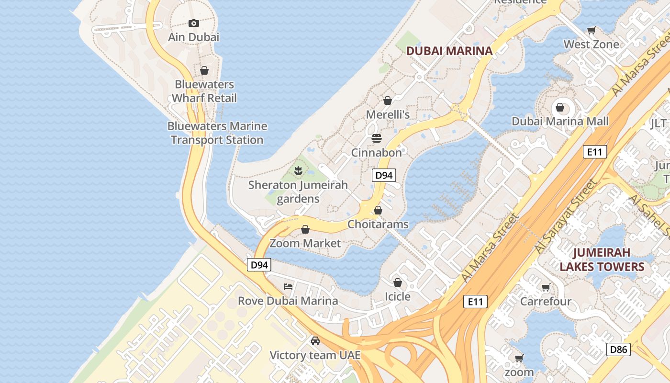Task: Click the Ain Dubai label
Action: click(x=193, y=37)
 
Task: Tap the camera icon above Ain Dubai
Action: click(x=193, y=23)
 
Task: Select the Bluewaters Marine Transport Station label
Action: click(x=217, y=133)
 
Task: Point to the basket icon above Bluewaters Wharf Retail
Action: click(x=204, y=70)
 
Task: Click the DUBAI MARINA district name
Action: click(x=449, y=51)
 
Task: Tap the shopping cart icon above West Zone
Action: click(x=591, y=30)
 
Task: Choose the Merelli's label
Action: click(x=388, y=114)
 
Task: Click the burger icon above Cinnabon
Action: click(x=377, y=138)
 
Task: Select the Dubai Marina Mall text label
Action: click(x=560, y=121)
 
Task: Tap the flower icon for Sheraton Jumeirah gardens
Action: click(x=298, y=170)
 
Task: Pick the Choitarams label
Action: click(x=378, y=224)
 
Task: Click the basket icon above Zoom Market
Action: click(x=305, y=229)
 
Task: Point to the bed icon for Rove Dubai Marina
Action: click(x=288, y=286)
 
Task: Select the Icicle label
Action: click(x=398, y=296)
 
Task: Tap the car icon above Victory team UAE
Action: click(x=315, y=341)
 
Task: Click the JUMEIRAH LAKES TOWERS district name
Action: click(x=602, y=259)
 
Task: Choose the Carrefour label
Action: click(x=546, y=301)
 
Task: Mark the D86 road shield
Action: click(x=618, y=349)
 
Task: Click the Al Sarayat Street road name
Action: click(x=567, y=216)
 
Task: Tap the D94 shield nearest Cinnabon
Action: click(x=384, y=175)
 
